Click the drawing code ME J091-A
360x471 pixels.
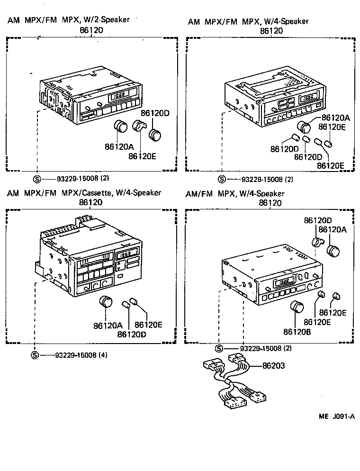click(336, 417)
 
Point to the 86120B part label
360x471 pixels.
click(297, 332)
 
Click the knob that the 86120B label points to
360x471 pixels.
click(297, 307)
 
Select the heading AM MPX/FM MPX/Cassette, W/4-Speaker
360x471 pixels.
click(84, 193)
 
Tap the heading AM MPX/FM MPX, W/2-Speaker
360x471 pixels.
click(68, 20)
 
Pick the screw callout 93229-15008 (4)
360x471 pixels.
click(81, 355)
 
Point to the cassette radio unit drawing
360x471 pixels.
click(88, 261)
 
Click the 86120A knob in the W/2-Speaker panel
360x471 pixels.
click(122, 127)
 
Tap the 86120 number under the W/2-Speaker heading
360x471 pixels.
click(91, 30)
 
